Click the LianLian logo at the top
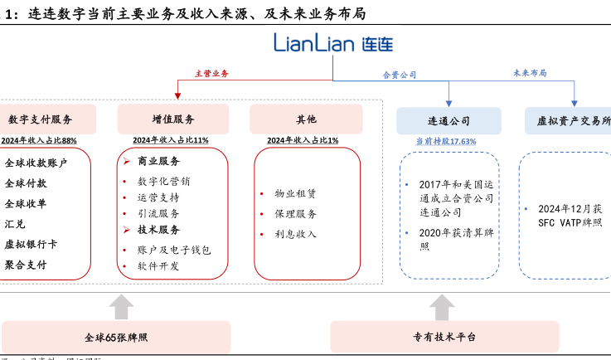333,44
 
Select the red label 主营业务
211,74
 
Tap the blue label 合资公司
399,75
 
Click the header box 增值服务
173,119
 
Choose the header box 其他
306,119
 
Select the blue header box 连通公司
449,120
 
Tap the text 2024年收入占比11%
171,140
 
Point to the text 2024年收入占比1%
303,140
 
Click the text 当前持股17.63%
446,142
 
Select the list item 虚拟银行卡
31,244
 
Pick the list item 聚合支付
26,265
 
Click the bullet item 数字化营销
163,181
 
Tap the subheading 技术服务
158,230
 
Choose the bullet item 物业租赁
295,193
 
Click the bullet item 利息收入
295,234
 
